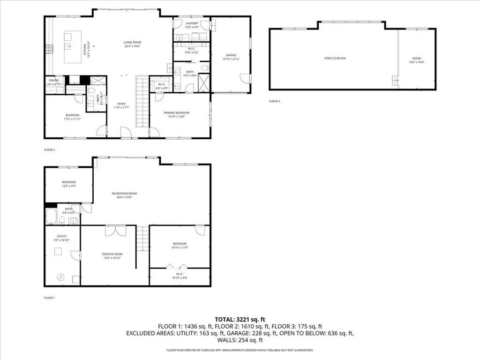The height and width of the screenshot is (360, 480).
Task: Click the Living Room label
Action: click(132, 41)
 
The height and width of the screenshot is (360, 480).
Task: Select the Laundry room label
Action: click(192, 23)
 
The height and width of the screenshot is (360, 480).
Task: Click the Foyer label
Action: click(121, 104)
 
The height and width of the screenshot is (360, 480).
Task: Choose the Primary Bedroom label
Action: click(176, 112)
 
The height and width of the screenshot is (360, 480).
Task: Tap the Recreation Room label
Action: click(124, 193)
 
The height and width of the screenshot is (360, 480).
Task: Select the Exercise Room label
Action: click(112, 254)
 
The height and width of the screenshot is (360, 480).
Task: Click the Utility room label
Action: click(61, 236)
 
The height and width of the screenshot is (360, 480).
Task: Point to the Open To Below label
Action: click(335, 58)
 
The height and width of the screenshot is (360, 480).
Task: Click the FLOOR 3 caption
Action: click(274, 101)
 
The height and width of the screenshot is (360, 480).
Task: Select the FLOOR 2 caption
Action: click(49, 150)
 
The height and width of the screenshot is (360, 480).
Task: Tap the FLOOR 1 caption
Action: click(49, 298)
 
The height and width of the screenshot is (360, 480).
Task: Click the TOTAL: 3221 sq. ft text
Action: click(240, 318)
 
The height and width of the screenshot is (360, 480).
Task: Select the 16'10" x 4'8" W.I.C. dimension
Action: click(179, 277)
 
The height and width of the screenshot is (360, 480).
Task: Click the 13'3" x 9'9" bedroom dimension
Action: click(69, 186)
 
